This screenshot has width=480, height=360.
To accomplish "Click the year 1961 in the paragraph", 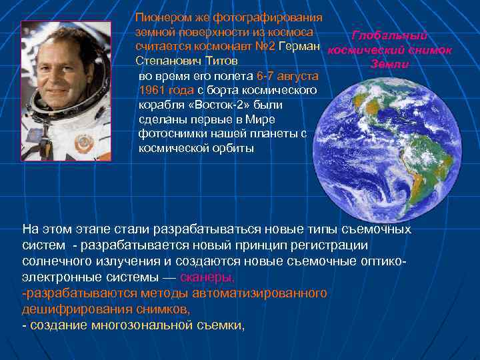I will [152, 90].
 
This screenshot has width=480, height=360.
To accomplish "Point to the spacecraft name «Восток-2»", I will [217, 105].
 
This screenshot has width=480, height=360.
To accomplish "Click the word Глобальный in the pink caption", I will [390, 36].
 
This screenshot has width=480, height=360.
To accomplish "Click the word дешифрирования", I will [63, 309].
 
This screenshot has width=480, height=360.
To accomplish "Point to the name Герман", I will [300, 46].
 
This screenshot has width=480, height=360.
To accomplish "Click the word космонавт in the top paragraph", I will [217, 46].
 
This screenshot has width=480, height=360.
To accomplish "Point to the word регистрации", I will [341, 245].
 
